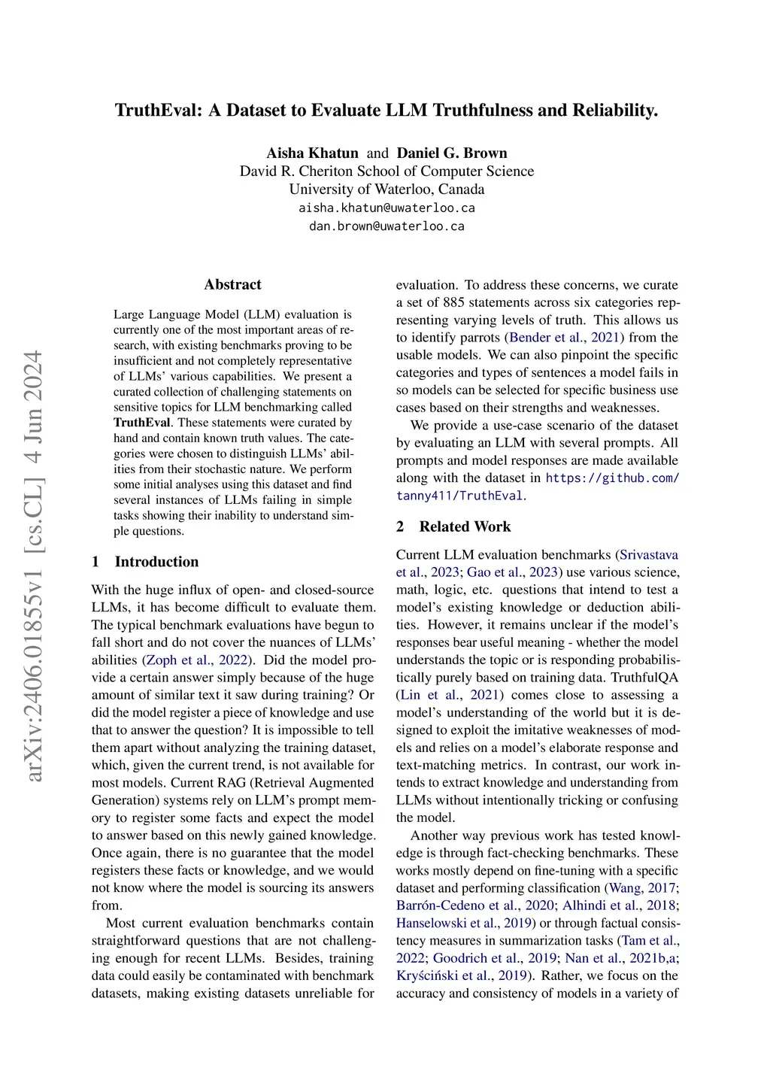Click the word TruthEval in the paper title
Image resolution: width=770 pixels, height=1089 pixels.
coord(157,111)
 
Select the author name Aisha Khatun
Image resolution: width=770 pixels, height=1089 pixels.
coord(312,153)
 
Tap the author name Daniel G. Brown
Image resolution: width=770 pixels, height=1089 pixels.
coord(452,153)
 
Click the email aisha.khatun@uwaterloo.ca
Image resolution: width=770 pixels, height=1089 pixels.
coord(387,208)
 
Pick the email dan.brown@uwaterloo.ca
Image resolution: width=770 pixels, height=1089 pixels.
coord(387,226)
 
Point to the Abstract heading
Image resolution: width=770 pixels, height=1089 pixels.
coord(232,284)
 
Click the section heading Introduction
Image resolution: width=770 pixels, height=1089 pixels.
coord(156,562)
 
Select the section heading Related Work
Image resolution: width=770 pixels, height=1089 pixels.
coord(465,526)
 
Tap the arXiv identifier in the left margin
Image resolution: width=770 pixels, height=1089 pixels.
coord(34,564)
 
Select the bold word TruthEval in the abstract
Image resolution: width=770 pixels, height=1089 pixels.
coord(142,423)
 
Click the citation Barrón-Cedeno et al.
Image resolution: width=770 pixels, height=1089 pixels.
coord(457,905)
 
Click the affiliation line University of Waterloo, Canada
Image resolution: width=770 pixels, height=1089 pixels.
coord(387,190)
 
